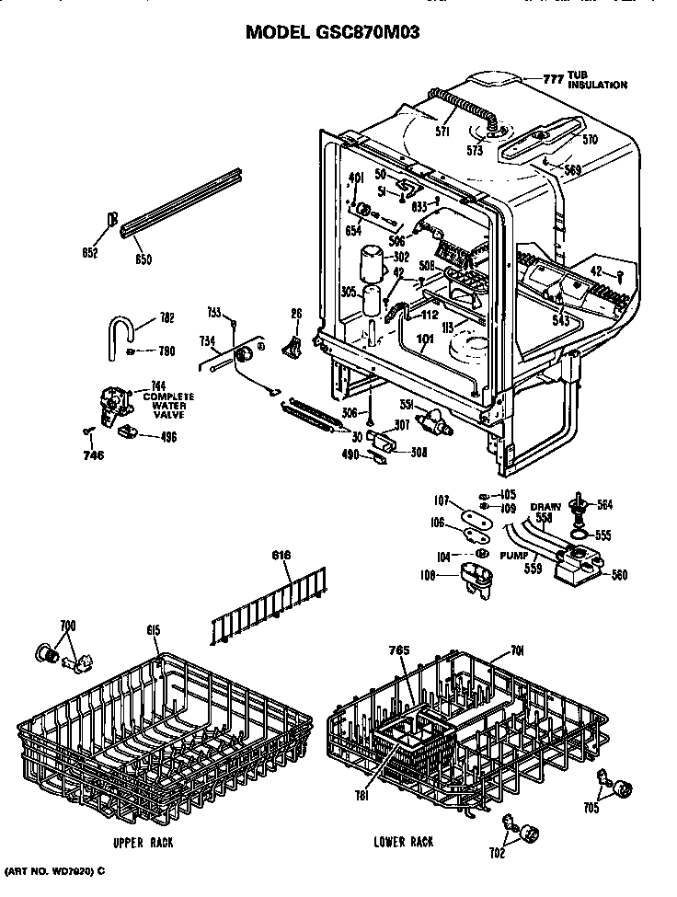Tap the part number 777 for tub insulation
click(552, 79)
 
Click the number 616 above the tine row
click(281, 556)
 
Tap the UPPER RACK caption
click(143, 843)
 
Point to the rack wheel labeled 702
click(528, 834)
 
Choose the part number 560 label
click(620, 576)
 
